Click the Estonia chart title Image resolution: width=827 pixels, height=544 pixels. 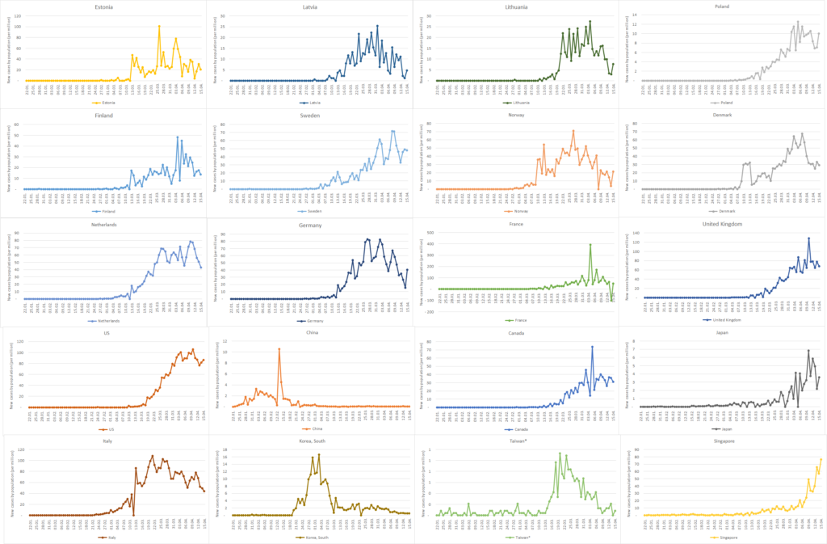coord(103,7)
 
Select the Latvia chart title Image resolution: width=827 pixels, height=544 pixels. coord(309,7)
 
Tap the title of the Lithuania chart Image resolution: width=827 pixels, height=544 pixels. coord(516,7)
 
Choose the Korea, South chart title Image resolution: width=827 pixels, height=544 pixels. coord(309,441)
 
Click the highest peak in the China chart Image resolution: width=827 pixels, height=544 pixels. coord(279,349)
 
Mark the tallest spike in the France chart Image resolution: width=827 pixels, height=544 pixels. coord(590,245)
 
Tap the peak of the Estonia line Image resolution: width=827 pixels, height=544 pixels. coord(159,27)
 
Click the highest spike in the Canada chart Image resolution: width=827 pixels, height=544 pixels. coord(592,347)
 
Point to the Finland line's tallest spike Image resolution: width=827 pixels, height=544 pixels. coord(178,137)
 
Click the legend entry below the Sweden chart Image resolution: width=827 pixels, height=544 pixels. coord(309,212)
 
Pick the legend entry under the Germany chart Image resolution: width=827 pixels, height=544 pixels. coord(309,320)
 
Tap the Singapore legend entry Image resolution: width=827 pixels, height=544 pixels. coord(721,537)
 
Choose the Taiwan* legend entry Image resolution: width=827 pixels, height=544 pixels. coord(516,537)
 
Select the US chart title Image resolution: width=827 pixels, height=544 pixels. coord(103,333)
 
